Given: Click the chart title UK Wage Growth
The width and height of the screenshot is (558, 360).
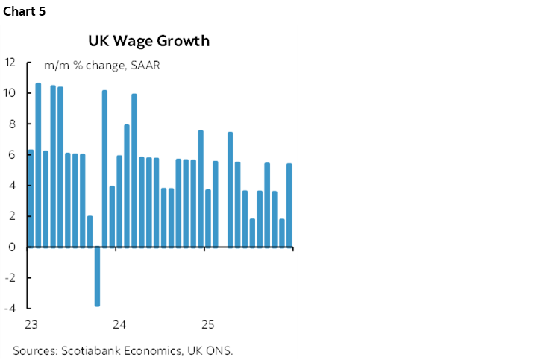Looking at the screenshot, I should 148,41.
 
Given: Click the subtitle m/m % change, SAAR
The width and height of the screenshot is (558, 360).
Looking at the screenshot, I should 102,66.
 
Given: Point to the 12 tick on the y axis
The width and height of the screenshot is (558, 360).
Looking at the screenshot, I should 10,63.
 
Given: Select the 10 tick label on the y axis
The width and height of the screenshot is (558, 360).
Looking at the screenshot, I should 10,93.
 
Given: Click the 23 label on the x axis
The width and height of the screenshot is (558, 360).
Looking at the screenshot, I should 31,325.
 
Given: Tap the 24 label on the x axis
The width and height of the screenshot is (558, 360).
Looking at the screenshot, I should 119,325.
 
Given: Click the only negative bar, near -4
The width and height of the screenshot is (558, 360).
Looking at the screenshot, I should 97,276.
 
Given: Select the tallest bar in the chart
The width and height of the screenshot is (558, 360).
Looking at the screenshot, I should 38,165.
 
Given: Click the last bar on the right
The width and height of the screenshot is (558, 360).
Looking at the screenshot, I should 289,205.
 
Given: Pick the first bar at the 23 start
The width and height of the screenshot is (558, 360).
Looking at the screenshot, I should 31,198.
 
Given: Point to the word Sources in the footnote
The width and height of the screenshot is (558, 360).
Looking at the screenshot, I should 34,350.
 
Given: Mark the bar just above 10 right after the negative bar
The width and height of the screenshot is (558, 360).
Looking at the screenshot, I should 104,168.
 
